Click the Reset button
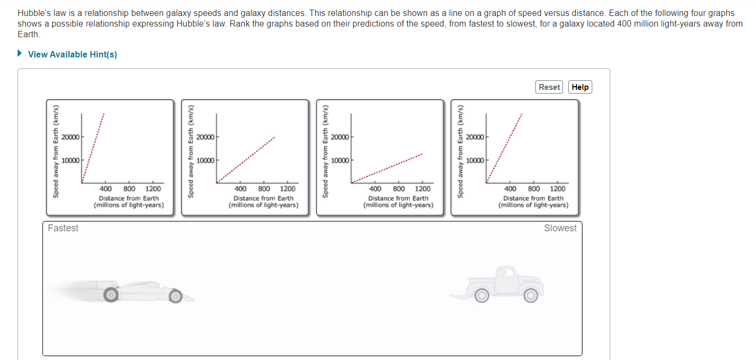click(549, 87)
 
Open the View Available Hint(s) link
click(72, 54)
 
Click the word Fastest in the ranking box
click(63, 228)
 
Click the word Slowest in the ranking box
click(560, 228)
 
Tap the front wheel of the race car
click(175, 296)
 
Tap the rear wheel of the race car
click(110, 294)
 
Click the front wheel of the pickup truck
click(481, 295)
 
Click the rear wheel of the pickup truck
click(530, 295)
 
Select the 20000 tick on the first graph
click(70, 137)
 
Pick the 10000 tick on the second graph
click(205, 161)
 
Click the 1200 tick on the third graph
click(423, 189)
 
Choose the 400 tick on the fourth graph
click(510, 189)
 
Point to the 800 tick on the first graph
click(130, 189)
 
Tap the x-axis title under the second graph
click(263, 202)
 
